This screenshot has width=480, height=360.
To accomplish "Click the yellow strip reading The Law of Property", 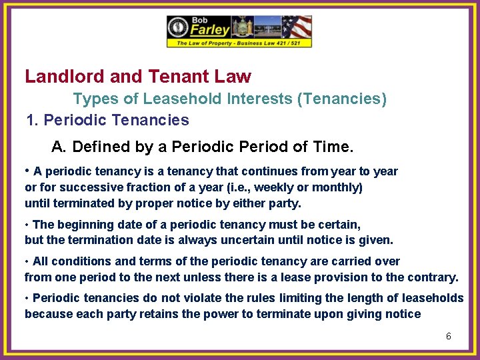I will [x=239, y=43].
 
